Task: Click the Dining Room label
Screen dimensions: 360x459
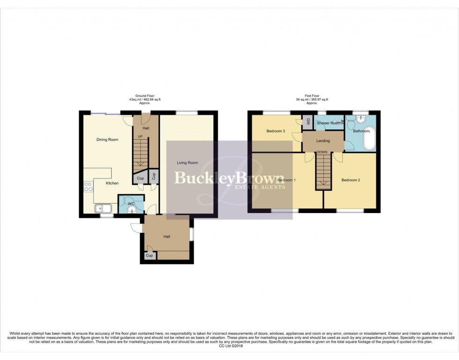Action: pos(107,140)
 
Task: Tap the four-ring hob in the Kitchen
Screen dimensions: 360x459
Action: pos(88,187)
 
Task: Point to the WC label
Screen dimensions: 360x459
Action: pos(131,204)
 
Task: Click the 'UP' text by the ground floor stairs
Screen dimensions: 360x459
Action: pos(140,137)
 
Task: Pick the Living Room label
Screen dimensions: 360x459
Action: pos(187,163)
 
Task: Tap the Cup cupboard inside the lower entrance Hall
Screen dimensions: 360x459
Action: pos(149,256)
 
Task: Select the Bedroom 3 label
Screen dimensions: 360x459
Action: pos(276,131)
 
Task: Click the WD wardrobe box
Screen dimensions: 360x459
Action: pos(308,121)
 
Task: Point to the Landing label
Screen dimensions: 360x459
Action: pos(323,141)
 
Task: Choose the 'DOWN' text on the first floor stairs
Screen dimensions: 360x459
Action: pos(322,152)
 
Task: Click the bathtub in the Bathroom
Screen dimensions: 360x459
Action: pos(369,138)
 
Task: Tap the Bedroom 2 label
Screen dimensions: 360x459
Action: pos(350,180)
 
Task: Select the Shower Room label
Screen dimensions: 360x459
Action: pos(328,123)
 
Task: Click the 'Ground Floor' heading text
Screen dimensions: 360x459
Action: pos(145,96)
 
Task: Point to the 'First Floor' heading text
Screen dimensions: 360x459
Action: pos(311,96)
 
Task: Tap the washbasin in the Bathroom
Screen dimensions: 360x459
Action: pos(359,120)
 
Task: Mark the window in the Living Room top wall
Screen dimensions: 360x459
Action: pos(187,112)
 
